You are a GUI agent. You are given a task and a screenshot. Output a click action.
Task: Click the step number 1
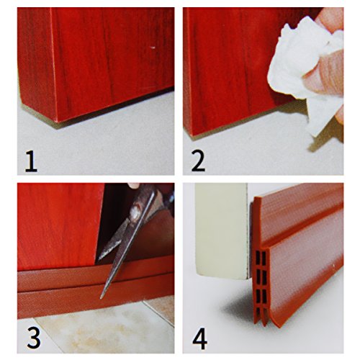coord(31,161)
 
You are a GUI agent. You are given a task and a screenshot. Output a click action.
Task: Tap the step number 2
coord(198,161)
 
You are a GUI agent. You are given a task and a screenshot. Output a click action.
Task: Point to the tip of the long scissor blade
coord(102,298)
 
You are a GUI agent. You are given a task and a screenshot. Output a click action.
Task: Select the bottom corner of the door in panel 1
coord(57,122)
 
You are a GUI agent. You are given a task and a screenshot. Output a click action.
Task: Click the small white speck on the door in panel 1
coord(153,48)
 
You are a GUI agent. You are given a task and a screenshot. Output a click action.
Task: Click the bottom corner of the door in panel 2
coord(192,136)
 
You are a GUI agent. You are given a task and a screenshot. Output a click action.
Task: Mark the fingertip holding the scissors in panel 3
coord(133,185)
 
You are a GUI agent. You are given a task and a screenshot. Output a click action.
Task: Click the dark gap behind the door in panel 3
coord(114,216)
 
